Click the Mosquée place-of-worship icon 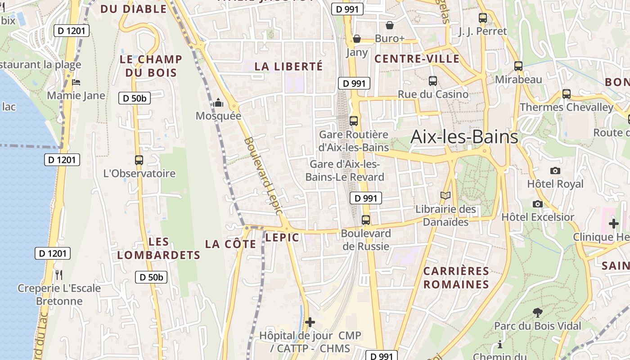click(x=218, y=103)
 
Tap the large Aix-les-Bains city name click(x=464, y=136)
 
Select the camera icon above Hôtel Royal click(x=555, y=171)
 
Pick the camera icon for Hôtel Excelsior click(x=537, y=204)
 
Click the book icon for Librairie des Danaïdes click(x=445, y=196)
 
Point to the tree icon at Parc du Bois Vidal click(x=537, y=312)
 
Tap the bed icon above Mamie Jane click(x=76, y=82)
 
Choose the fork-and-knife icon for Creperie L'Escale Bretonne click(x=59, y=274)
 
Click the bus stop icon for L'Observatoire click(x=139, y=160)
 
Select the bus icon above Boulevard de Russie click(x=366, y=220)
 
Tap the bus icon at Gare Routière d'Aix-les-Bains click(x=354, y=121)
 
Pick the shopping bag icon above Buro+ click(x=390, y=25)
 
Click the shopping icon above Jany click(x=357, y=39)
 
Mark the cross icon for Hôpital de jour click(x=310, y=322)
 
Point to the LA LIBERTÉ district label click(x=288, y=66)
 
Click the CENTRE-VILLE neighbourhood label click(x=417, y=58)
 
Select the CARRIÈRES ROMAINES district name click(x=456, y=278)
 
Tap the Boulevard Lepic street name click(x=264, y=176)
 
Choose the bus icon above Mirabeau click(x=518, y=66)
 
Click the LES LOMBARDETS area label click(x=158, y=248)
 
